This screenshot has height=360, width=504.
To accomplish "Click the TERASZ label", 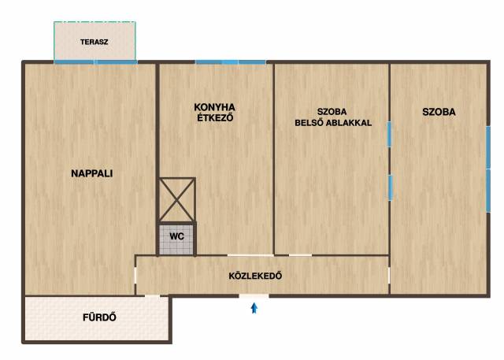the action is coord(94,42).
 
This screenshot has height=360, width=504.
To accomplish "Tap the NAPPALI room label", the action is coord(91,173).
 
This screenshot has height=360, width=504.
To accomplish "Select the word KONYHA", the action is coord(214,107).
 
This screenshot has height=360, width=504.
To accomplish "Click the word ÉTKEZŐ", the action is coord(215,117).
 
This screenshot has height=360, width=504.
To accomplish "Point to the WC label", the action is coord(176,236).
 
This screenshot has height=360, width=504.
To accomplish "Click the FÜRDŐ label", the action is coord(99,317).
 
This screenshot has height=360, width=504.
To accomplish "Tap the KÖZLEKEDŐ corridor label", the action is coord(255,276).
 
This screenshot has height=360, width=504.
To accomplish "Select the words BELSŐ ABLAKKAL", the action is coord(333,123).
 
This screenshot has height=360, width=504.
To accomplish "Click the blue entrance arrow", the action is coord(254,308).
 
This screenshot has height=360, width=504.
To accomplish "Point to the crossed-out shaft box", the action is coord(177,200).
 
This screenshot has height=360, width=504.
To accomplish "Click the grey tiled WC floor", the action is coord(176,239).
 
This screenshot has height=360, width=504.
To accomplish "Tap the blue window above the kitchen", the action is coord(231,62).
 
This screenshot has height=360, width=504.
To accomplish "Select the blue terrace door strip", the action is coord(95,62).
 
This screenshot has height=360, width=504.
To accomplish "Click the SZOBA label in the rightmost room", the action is coord(439,112).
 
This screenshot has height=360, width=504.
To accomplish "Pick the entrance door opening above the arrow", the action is coord(254,295).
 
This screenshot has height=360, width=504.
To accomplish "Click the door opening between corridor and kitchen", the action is coord(250,255).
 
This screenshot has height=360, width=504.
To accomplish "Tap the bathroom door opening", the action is coord(152,295).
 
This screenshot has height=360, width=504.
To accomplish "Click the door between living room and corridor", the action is coord(135,276).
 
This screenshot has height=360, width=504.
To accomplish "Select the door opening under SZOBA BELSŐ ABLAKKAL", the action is coord(300,255).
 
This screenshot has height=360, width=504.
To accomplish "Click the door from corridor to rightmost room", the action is coord(389,276).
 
